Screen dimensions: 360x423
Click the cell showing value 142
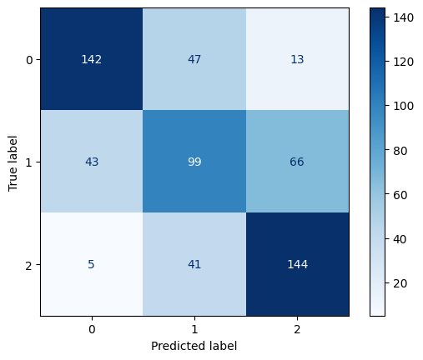[x=92, y=60]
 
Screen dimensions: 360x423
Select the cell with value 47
[x=194, y=60]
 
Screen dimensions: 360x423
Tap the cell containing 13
[x=297, y=60]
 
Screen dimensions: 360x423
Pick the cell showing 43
[x=92, y=162]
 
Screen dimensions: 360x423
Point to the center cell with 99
[x=194, y=162]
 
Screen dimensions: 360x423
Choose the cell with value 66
[x=297, y=162]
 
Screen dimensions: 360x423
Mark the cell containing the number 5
[x=92, y=265]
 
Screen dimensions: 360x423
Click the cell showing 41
[x=194, y=265]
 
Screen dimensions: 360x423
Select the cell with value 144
[x=297, y=265]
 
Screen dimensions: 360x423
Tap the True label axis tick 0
[x=30, y=60]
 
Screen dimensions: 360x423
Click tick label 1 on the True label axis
[x=30, y=162]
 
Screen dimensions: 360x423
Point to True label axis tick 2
[x=30, y=265]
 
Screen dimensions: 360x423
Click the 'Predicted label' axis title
[x=194, y=345]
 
